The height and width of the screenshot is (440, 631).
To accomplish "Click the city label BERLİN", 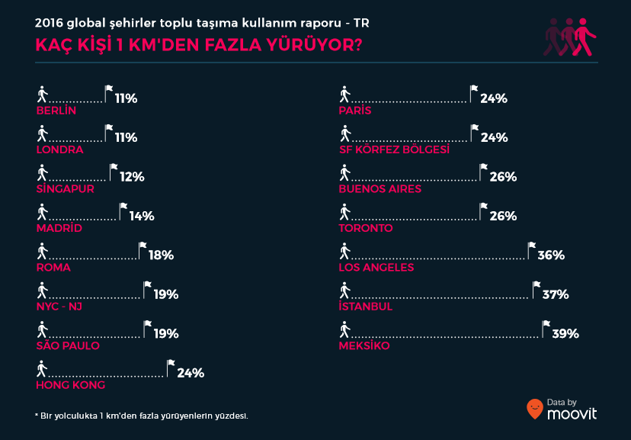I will click(56, 111).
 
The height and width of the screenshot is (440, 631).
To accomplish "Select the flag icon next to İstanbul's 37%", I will click(535, 286).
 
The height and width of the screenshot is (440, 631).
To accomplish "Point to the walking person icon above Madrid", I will click(42, 211).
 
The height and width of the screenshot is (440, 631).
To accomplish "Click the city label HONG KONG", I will click(70, 385).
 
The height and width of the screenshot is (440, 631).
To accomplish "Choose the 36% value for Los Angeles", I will click(551, 255).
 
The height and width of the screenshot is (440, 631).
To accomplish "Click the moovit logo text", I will click(572, 413).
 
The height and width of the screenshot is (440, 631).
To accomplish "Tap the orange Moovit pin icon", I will click(535, 409).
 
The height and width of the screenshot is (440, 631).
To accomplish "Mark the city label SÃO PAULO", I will click(68, 346).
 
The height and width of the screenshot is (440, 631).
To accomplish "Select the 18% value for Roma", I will click(162, 255).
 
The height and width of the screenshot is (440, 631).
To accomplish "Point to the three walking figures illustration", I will click(569, 37).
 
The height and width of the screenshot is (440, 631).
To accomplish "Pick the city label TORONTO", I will click(366, 228).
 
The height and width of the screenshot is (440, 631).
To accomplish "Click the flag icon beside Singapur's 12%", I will click(114, 169).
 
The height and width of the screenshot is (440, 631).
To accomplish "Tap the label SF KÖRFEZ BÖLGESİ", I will click(394, 149).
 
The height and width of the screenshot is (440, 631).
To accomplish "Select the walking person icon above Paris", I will click(345, 94).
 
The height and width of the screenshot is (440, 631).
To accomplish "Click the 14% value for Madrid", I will click(142, 217).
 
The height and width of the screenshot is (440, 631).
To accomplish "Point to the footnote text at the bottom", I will click(142, 416).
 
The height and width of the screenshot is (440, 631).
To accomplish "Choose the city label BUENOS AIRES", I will click(380, 189).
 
